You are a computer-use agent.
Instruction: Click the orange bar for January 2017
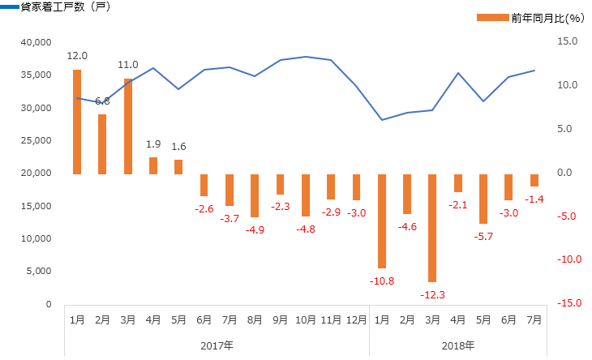click(77, 122)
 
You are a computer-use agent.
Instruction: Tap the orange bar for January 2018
click(382, 221)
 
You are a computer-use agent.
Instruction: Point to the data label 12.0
click(77, 56)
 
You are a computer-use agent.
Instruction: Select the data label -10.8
click(382, 281)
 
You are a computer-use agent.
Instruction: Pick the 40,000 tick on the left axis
click(36, 42)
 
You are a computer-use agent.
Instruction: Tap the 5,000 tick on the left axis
click(39, 272)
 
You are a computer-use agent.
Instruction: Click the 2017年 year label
click(217, 345)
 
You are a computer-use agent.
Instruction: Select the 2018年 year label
click(458, 345)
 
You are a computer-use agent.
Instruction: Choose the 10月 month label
click(306, 321)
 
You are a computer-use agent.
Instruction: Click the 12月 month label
click(356, 321)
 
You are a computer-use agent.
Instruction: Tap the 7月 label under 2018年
click(534, 321)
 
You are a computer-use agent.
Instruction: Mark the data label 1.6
click(178, 147)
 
